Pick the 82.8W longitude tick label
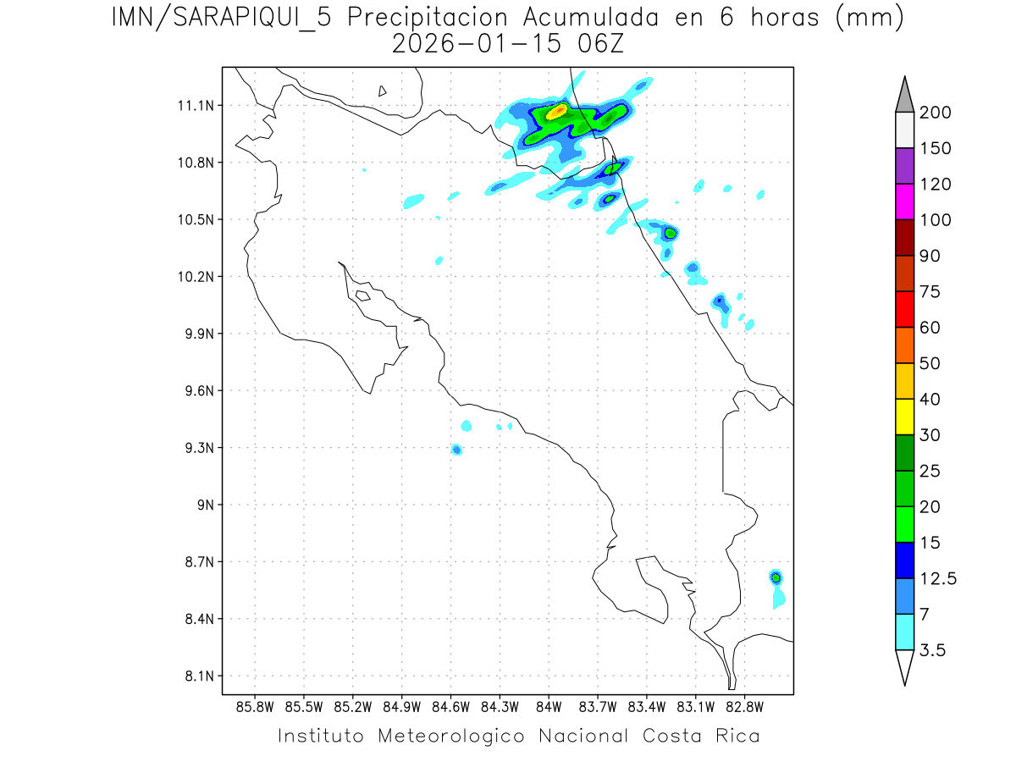pyautogui.click(x=744, y=706)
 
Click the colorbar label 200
pyautogui.click(x=935, y=113)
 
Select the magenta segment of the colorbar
pyautogui.click(x=904, y=202)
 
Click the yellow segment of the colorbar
pyautogui.click(x=904, y=417)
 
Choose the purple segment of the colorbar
pyautogui.click(x=904, y=166)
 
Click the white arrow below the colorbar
pyautogui.click(x=904, y=666)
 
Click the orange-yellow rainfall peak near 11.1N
pyautogui.click(x=557, y=111)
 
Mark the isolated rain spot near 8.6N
pyautogui.click(x=776, y=577)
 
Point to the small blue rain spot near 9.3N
pyautogui.click(x=456, y=449)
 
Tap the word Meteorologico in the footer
pyautogui.click(x=458, y=736)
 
